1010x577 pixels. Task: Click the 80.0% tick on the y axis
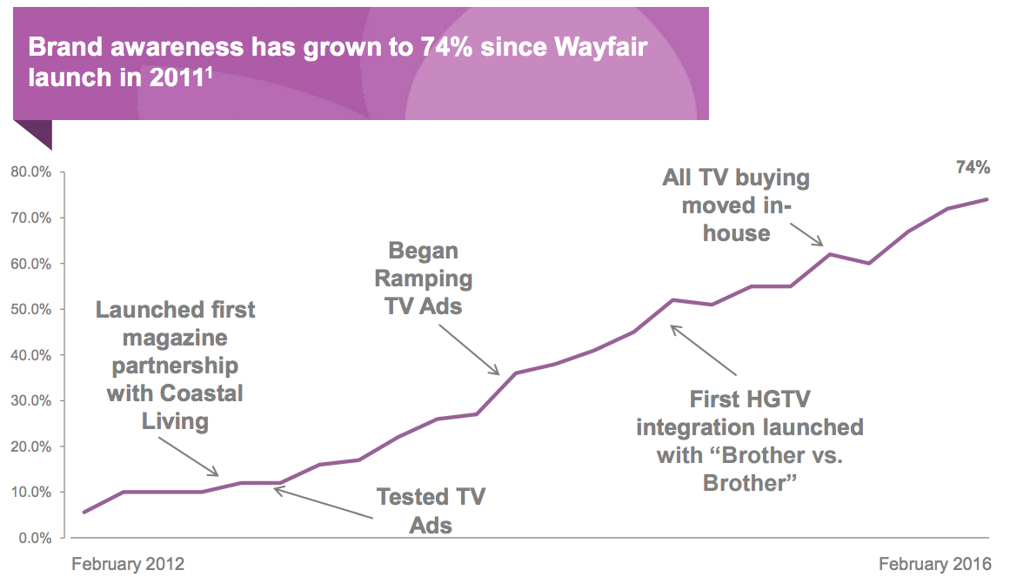click(x=31, y=172)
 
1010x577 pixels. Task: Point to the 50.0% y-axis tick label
click(x=31, y=310)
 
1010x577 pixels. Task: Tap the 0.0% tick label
click(x=35, y=538)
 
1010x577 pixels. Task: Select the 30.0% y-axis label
click(x=31, y=401)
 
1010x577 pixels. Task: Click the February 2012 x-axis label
click(x=128, y=563)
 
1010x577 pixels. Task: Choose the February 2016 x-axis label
click(x=934, y=563)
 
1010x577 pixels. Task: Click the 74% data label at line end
click(x=973, y=168)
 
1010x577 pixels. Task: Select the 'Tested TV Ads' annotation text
click(x=431, y=510)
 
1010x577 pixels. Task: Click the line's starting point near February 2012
click(x=84, y=512)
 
